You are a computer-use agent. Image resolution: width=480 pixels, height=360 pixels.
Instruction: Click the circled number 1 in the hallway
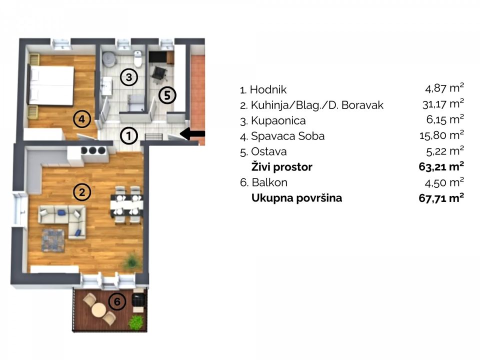point(129,135)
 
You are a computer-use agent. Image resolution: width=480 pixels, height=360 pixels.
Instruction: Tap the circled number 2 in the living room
point(82,191)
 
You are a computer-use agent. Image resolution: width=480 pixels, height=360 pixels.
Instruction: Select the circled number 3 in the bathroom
point(129,77)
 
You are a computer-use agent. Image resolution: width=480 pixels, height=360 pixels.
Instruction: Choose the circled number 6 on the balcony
point(116,301)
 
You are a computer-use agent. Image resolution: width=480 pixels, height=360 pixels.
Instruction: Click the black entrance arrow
point(192,133)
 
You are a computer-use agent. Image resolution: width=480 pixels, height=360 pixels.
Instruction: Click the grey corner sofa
point(62,218)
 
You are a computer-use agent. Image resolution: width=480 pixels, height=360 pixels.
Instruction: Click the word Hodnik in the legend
point(268,90)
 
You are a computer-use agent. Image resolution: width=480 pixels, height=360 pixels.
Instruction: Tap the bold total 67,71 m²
point(441,197)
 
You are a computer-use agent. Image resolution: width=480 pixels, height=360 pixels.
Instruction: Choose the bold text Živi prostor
point(281,167)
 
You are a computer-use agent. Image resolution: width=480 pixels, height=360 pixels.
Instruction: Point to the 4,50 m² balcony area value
point(444,182)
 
